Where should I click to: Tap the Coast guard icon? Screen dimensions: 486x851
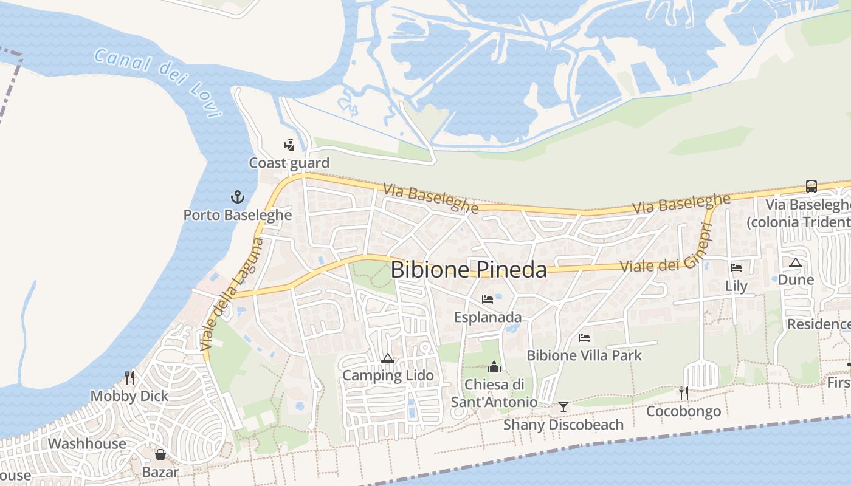289,145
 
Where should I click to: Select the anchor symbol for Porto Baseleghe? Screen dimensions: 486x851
238,197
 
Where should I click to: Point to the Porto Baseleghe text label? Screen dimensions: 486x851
238,215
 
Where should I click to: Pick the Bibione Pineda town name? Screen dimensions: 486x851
469,270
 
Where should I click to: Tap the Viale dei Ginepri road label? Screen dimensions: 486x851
666,249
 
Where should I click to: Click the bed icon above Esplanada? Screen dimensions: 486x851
487,299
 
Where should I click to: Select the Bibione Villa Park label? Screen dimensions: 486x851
584,355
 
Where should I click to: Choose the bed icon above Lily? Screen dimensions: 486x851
736,267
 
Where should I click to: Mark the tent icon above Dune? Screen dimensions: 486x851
796,262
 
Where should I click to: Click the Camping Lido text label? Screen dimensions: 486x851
388,375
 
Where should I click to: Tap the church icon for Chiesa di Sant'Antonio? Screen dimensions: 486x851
494,367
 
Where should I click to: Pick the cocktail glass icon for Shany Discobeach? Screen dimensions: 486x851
563,406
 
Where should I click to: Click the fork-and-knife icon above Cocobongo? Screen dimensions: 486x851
683,393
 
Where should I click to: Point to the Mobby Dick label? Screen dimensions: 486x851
129,396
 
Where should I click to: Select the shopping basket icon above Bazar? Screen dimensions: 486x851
160,454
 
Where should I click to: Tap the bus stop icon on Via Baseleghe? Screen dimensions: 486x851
811,186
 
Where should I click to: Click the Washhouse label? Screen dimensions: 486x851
87,443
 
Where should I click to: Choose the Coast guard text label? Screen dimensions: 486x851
289,163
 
